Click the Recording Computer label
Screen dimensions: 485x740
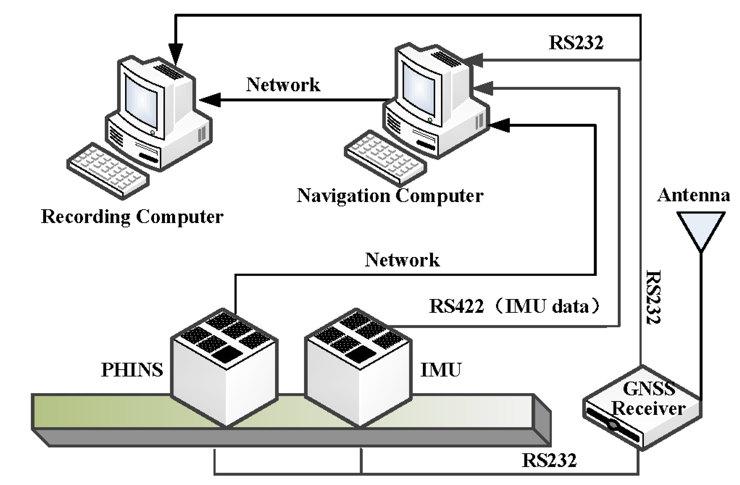132,216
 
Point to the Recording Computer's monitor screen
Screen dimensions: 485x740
142,101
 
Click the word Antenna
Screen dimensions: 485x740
693,195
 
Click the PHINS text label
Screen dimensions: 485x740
132,370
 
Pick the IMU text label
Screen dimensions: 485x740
441,370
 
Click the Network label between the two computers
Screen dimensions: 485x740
283,84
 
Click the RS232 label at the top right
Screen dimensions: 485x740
576,42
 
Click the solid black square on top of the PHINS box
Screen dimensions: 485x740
228,354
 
